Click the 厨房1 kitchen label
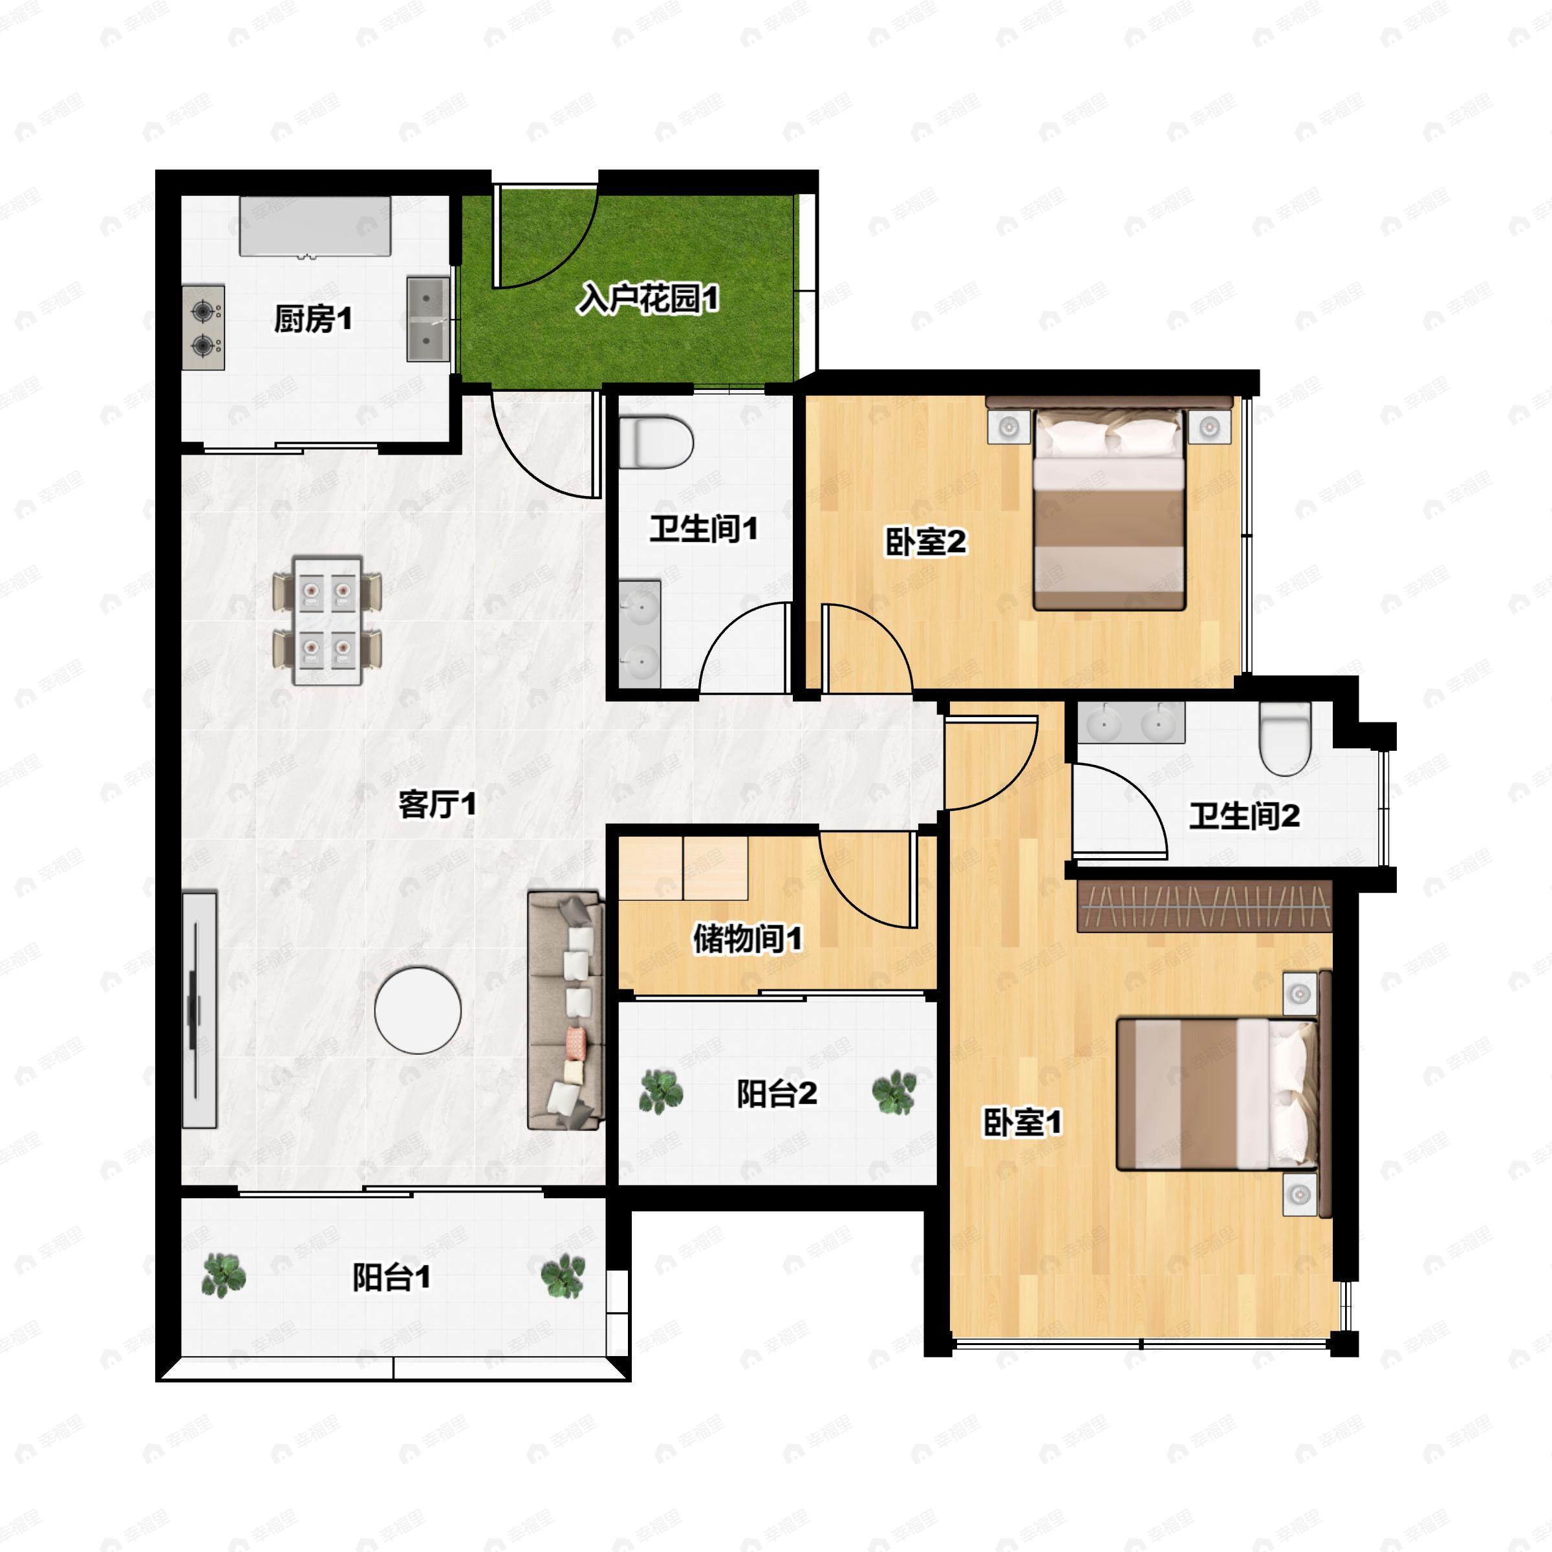(313, 319)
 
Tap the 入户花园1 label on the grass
(648, 299)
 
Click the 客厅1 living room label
(438, 803)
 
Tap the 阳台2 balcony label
(777, 1094)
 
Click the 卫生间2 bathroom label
(1244, 816)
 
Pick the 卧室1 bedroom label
(1022, 1122)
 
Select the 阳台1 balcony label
(391, 1277)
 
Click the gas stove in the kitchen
(203, 327)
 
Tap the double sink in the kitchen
(427, 319)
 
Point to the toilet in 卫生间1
(656, 440)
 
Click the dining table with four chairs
(327, 620)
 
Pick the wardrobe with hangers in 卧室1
(1204, 906)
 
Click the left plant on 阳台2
(661, 1091)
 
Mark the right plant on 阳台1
(563, 1276)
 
